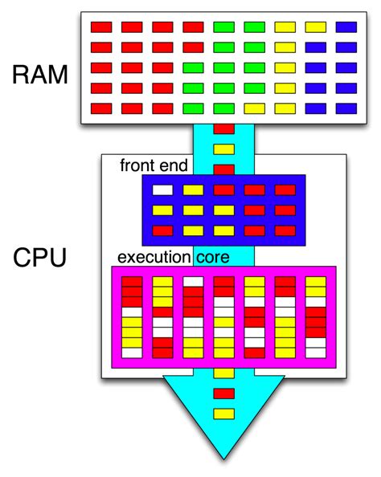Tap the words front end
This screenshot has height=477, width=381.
(154, 166)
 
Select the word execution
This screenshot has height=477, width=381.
(154, 258)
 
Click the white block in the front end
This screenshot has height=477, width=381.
(163, 190)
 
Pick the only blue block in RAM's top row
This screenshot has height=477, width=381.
(346, 27)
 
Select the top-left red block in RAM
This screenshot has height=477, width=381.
(101, 27)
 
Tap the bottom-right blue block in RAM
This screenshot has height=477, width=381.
(346, 108)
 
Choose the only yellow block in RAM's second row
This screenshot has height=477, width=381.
(285, 47)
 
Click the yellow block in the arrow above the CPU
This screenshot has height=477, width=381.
(224, 149)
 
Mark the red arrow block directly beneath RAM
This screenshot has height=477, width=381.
(224, 128)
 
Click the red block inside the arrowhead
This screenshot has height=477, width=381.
(224, 393)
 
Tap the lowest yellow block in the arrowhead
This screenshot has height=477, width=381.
(224, 413)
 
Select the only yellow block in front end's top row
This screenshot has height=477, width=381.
(194, 190)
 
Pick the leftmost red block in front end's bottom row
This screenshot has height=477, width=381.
(163, 230)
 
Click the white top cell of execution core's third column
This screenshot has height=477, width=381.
(193, 282)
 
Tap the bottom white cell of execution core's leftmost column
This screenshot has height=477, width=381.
(132, 352)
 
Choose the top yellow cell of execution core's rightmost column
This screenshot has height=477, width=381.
(316, 282)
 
